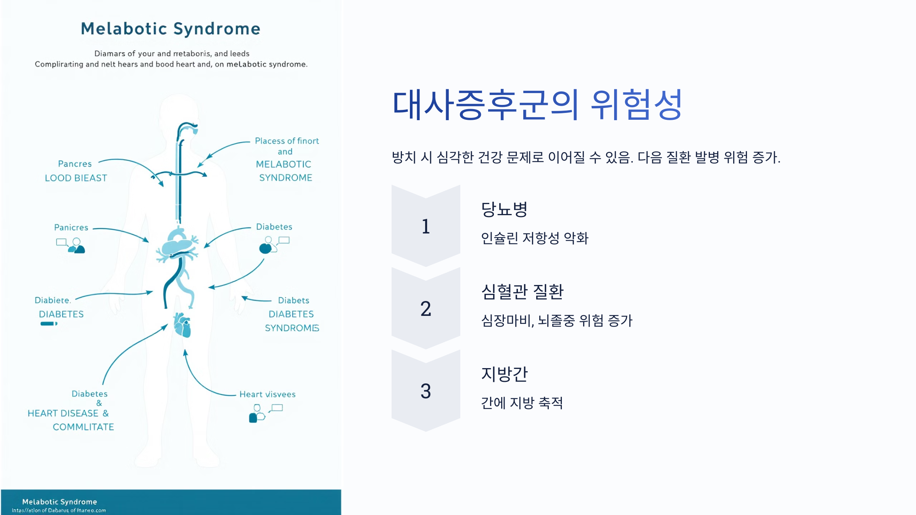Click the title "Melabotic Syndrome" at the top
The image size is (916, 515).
pos(171,29)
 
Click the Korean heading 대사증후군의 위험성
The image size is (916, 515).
pos(537,105)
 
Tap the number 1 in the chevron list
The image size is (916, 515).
pos(426,226)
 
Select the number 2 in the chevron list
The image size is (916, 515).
pos(426,309)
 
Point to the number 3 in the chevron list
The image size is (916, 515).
pos(426,391)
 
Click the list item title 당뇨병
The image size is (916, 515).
pos(504,209)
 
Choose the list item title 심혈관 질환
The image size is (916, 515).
pos(522,291)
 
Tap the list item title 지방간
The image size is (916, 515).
pos(504,374)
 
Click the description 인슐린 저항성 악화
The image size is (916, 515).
pos(534,238)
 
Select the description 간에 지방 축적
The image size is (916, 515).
pos(522,403)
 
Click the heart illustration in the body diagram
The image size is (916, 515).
pos(182,325)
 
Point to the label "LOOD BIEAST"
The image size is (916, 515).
pos(76,178)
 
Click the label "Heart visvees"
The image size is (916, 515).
pos(267,394)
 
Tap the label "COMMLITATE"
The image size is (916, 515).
pos(83,427)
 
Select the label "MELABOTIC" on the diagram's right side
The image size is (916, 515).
pos(284,164)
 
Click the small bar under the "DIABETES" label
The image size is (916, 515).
pos(48,324)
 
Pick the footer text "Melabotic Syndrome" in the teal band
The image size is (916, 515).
pos(60,502)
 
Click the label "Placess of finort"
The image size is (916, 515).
pos(287,141)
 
